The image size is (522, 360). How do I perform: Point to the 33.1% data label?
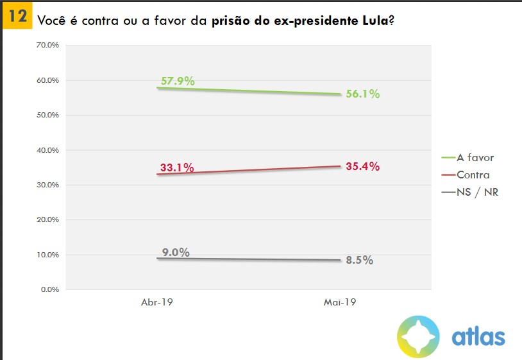(x=176, y=169)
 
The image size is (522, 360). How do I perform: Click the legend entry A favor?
(x=475, y=157)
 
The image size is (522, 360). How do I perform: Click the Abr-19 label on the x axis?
(x=157, y=301)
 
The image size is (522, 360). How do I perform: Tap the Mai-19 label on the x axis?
(x=341, y=301)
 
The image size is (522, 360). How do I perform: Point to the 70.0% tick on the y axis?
(x=48, y=46)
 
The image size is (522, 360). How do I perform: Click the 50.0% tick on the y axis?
(x=48, y=116)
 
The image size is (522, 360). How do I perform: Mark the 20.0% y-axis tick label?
(x=48, y=219)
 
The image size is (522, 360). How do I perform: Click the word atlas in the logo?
(x=478, y=336)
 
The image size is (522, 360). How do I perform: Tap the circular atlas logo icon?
(x=418, y=336)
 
